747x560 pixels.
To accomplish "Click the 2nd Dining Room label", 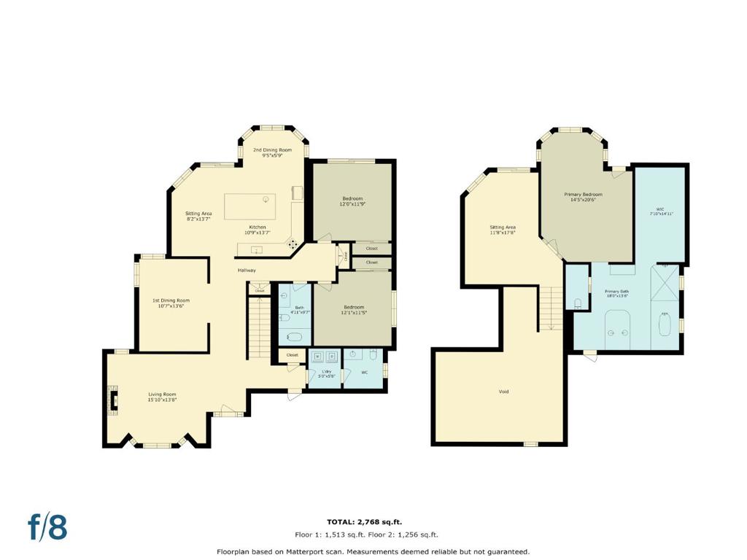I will click(267, 150).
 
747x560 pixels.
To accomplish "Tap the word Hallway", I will click(247, 271).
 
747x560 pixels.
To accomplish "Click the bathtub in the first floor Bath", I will click(294, 338).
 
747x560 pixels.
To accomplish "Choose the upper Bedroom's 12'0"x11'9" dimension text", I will click(352, 204).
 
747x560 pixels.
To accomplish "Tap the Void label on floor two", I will click(503, 392).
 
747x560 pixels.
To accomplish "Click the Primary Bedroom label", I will click(583, 194).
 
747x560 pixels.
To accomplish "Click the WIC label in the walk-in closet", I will click(660, 209).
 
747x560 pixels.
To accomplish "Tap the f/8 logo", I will click(47, 527).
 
